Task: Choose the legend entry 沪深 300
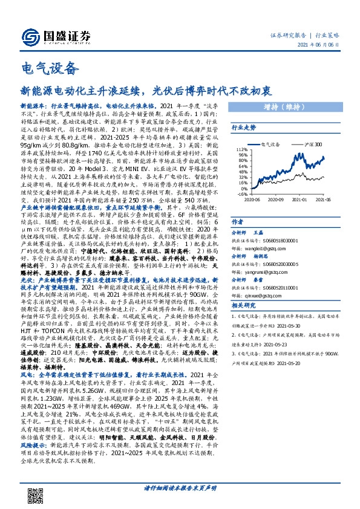pos(314,145)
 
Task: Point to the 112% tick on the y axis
pos(241,149)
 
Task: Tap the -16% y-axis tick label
pos(241,194)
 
